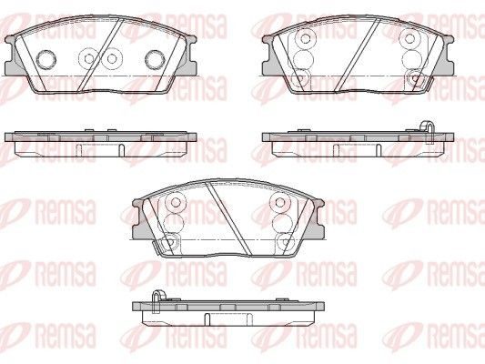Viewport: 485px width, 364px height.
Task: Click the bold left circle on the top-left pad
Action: [46, 59]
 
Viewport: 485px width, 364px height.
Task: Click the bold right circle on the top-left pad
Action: [156, 59]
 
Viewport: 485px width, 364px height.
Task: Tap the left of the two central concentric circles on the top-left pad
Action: [89, 58]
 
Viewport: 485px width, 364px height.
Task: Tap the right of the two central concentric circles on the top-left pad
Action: [112, 58]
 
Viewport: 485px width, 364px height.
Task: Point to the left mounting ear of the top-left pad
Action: [13, 56]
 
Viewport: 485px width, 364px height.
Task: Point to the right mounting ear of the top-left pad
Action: [189, 56]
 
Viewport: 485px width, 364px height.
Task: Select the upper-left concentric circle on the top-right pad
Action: [306, 38]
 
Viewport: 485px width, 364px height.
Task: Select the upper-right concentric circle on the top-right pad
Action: [409, 38]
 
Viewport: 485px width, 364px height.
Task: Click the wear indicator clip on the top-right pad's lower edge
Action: [427, 83]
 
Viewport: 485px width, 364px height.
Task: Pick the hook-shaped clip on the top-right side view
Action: [428, 131]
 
